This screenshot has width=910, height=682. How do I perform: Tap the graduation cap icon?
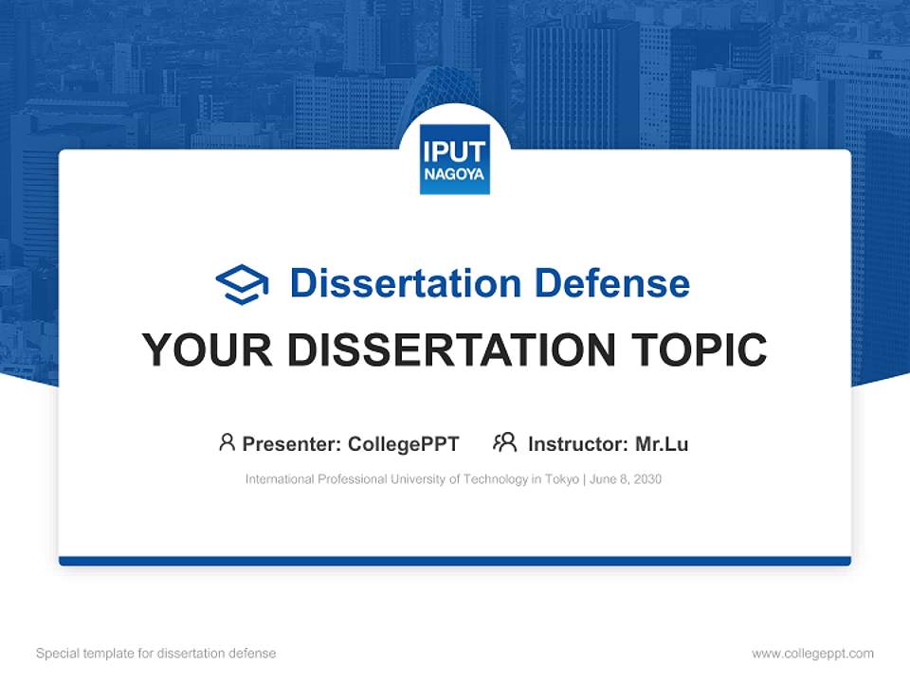point(242,284)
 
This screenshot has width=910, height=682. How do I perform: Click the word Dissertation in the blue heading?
point(406,283)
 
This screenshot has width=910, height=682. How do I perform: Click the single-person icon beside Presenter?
point(227,442)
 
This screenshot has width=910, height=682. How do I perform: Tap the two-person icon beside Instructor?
point(504,442)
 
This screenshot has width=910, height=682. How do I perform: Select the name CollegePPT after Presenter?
point(404,443)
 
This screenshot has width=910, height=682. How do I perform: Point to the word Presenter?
point(292,443)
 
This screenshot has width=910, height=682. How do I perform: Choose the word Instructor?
point(577,443)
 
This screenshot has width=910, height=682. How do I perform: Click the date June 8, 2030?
point(626,479)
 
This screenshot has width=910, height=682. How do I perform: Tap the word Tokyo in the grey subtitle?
point(561,479)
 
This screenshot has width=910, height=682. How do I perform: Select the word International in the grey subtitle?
point(277,479)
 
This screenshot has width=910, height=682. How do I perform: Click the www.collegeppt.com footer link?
point(812,654)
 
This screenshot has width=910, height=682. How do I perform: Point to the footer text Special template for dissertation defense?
point(156,654)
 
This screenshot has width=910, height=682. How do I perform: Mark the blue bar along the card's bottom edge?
point(455,561)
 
